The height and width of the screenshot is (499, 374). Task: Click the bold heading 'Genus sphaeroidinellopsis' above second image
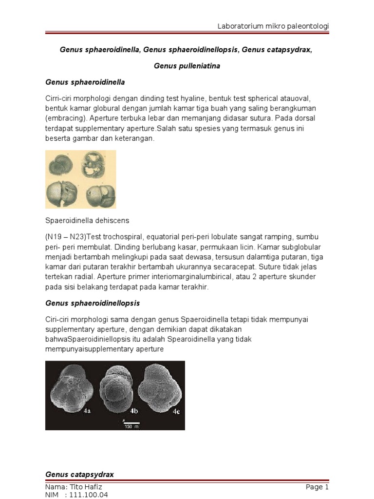click(93, 303)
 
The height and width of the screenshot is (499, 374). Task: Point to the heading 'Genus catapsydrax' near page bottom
click(79, 474)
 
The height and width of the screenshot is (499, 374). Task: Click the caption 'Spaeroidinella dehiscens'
click(87, 220)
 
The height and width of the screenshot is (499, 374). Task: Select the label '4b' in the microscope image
click(131, 411)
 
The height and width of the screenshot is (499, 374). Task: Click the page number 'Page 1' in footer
click(318, 486)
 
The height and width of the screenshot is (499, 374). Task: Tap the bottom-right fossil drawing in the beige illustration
click(100, 195)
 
